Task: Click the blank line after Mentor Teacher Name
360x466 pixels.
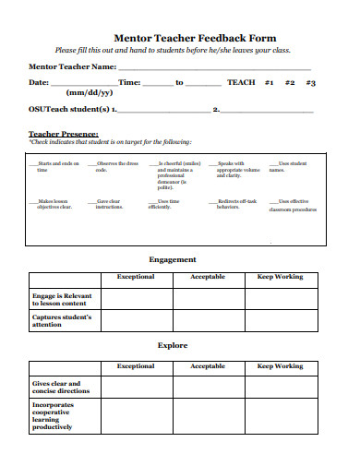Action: click(213, 68)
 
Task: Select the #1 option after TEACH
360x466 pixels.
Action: click(270, 82)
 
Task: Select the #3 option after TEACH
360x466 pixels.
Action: click(311, 82)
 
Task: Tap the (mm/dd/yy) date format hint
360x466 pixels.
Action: click(90, 93)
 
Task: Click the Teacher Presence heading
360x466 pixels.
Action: click(64, 134)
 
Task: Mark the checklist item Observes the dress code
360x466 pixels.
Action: click(92, 163)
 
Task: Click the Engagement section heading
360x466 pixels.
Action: click(173, 259)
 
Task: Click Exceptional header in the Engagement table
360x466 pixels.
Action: click(135, 277)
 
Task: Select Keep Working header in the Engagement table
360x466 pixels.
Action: click(278, 277)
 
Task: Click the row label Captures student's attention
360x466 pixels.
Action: click(62, 320)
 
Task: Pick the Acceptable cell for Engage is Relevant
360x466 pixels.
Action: click(207, 298)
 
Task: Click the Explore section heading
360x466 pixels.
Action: click(173, 345)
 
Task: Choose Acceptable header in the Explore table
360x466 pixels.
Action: click(207, 365)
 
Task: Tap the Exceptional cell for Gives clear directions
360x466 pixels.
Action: click(135, 387)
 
